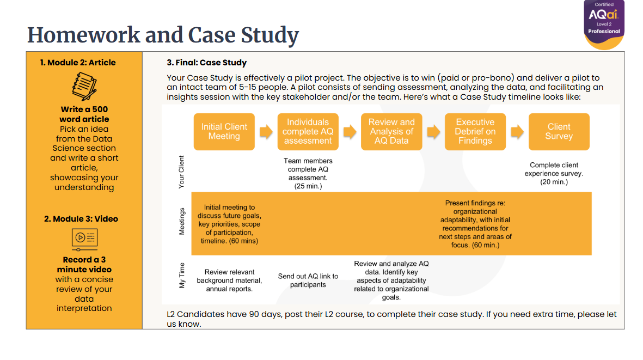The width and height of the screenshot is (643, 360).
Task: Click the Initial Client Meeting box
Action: (224, 132)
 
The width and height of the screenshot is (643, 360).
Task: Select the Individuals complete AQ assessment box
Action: (308, 132)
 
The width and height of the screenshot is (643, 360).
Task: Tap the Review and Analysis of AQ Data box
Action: (391, 132)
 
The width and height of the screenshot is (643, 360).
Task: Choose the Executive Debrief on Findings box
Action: (475, 132)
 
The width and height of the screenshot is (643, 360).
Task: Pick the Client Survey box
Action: (559, 132)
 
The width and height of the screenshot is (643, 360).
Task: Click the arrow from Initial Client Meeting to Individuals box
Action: (266, 132)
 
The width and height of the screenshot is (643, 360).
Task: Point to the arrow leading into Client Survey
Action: (517, 132)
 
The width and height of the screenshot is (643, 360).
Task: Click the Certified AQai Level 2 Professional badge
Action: (604, 25)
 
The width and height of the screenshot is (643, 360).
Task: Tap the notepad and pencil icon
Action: (84, 86)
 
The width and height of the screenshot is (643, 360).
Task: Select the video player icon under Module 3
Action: (84, 240)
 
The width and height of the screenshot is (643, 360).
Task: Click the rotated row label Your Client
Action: (181, 172)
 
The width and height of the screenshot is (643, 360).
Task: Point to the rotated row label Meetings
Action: (182, 222)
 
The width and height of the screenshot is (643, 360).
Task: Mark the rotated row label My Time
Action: (182, 276)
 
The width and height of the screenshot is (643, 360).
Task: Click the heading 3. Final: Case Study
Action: (207, 63)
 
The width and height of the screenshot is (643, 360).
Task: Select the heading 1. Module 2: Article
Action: (78, 63)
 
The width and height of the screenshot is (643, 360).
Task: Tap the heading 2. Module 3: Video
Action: (81, 219)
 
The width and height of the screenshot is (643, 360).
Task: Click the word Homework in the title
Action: (84, 35)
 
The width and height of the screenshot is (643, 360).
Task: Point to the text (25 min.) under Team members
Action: (308, 186)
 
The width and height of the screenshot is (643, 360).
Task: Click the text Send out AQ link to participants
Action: (308, 280)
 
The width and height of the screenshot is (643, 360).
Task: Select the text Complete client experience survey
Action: (554, 169)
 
